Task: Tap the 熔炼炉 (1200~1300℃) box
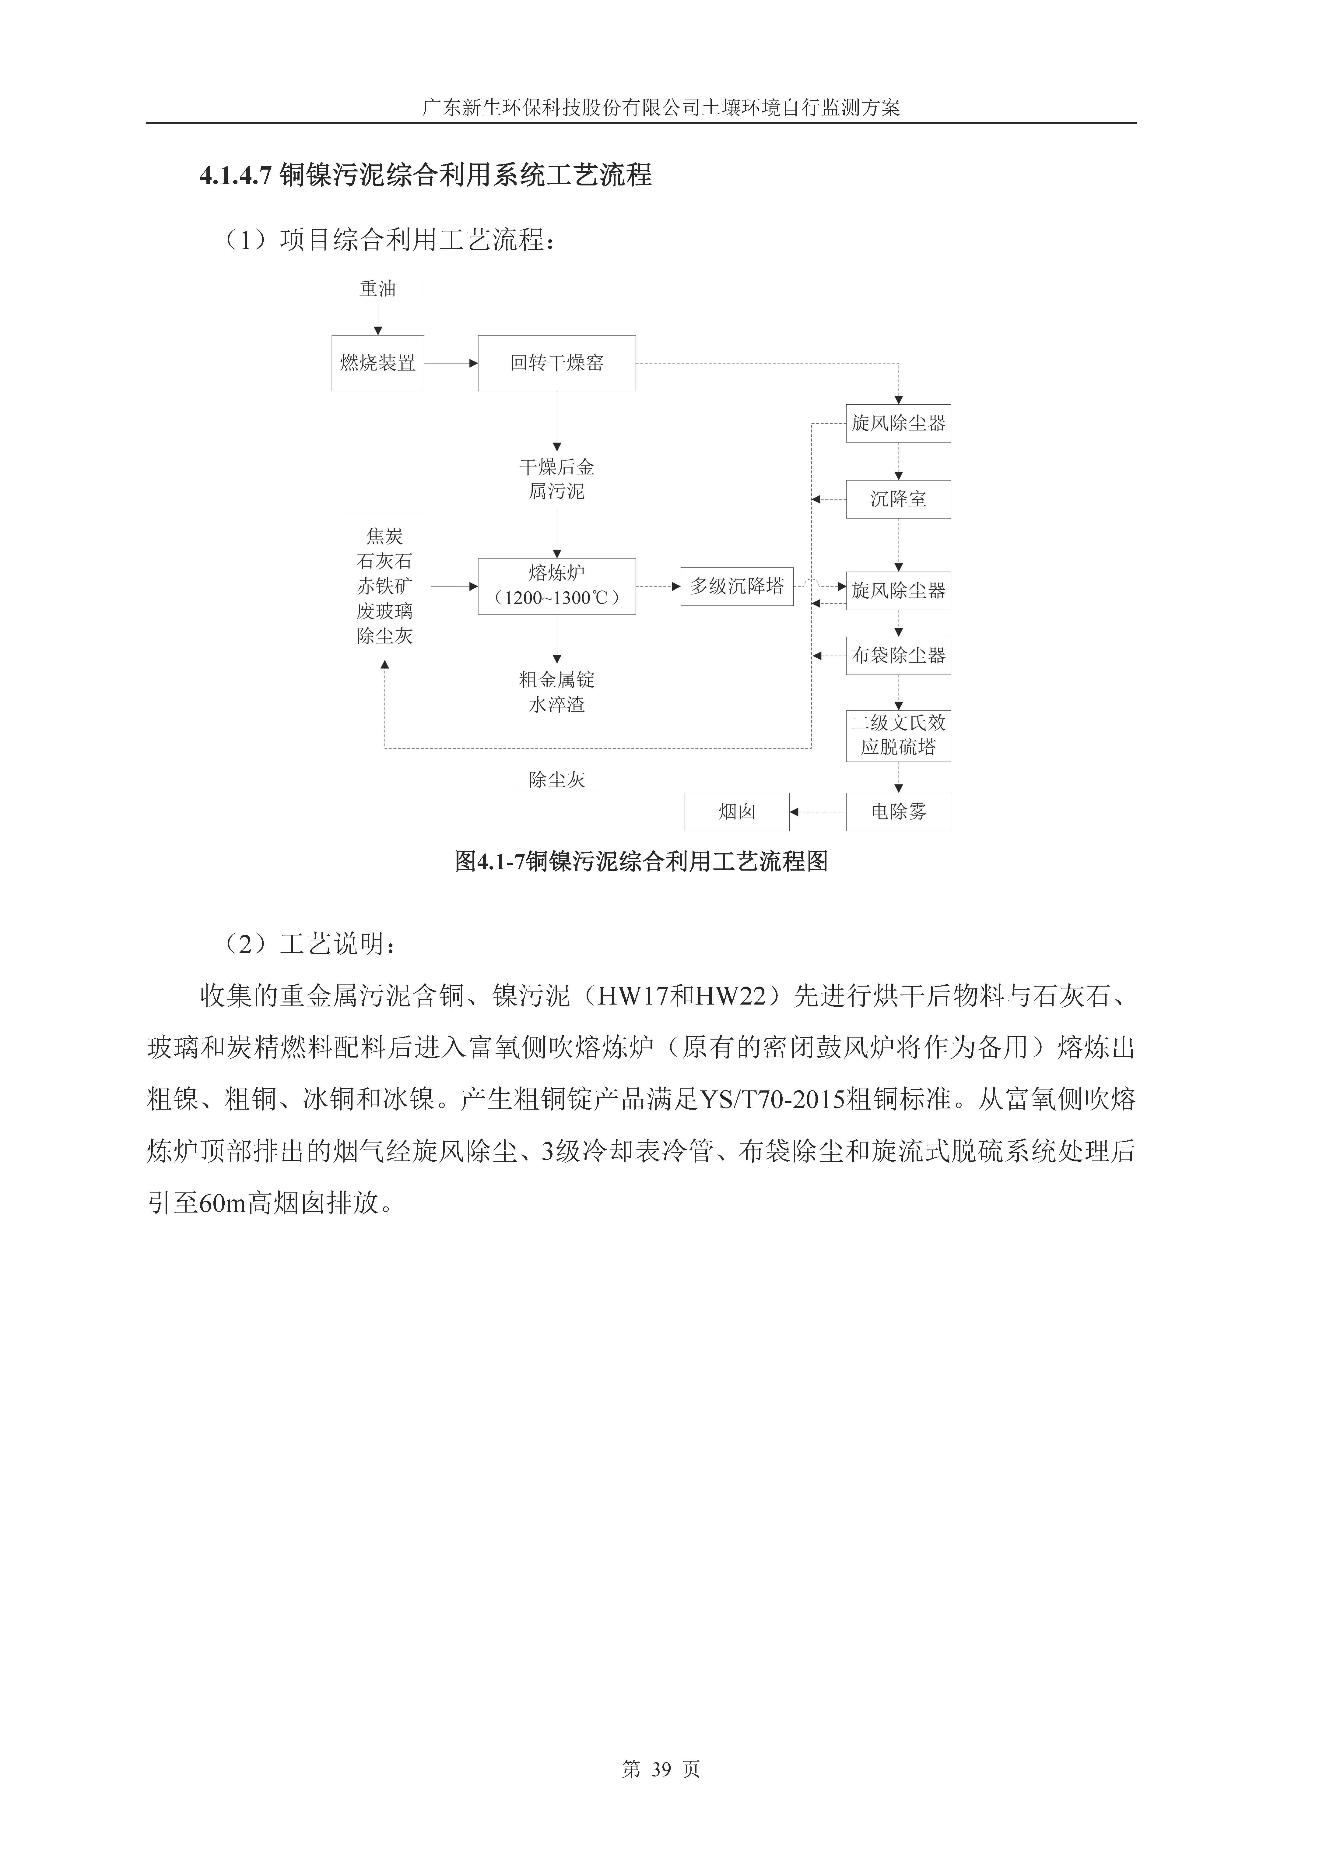coord(557,586)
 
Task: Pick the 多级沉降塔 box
coord(736,586)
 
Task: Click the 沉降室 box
coord(898,499)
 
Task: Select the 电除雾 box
coord(898,811)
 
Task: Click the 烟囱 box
coord(736,811)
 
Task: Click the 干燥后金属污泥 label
coord(557,479)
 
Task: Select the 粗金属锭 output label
coord(557,679)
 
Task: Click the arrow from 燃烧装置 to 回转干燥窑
coord(451,363)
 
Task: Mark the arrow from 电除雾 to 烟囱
coord(818,811)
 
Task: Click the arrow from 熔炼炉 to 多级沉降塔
coord(658,586)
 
